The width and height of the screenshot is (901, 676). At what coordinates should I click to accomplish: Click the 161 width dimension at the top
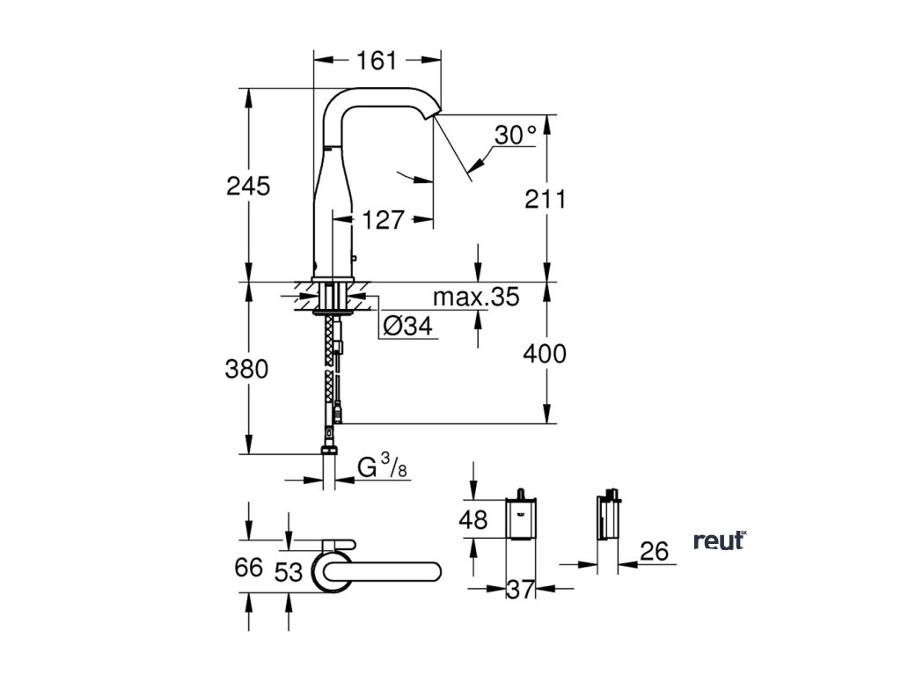[x=377, y=61]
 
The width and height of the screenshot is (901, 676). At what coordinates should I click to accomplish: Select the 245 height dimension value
[x=248, y=186]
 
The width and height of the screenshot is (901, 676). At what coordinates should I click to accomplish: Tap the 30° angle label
[x=515, y=135]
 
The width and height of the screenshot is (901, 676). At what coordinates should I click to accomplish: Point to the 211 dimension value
[x=546, y=199]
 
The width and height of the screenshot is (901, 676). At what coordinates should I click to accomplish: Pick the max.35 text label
[x=475, y=297]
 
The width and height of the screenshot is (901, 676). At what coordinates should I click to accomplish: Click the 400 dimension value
[x=545, y=354]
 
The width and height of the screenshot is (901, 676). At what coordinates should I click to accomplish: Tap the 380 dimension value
[x=247, y=369]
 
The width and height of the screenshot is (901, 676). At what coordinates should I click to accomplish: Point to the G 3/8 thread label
[x=383, y=467]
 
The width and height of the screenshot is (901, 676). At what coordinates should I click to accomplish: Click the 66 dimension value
[x=249, y=568]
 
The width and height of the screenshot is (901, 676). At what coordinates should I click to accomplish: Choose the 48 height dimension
[x=472, y=520]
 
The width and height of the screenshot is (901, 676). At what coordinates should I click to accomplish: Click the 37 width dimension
[x=521, y=590]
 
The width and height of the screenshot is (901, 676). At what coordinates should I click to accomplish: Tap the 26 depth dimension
[x=654, y=552]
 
